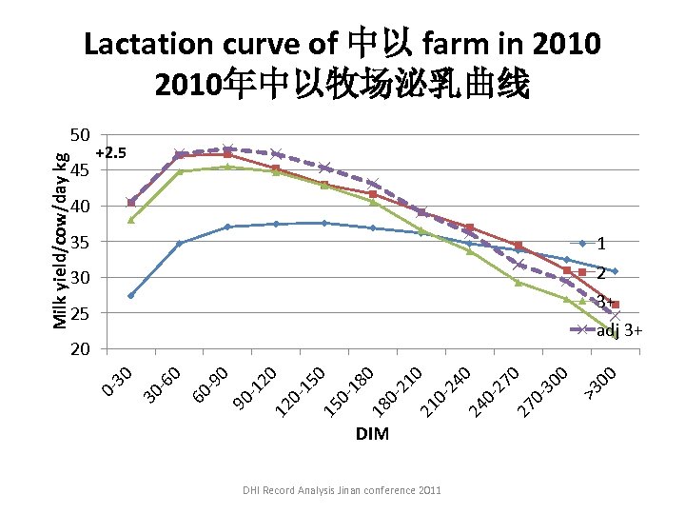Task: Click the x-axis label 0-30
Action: click(x=117, y=379)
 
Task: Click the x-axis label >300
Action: click(x=603, y=381)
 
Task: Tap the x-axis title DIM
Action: click(x=372, y=434)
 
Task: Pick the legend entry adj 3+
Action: click(x=619, y=331)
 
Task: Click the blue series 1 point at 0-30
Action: click(x=131, y=295)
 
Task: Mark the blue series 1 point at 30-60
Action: click(x=180, y=243)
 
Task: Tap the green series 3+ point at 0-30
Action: click(x=131, y=220)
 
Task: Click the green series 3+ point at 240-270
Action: click(x=519, y=283)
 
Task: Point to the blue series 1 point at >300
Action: click(x=615, y=271)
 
